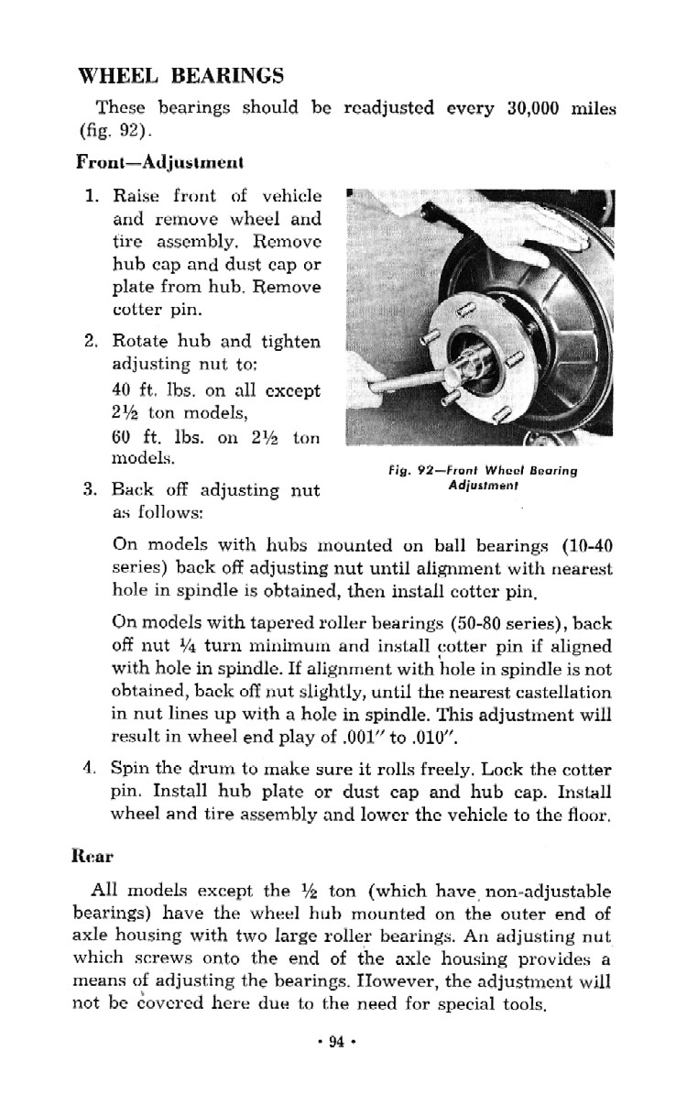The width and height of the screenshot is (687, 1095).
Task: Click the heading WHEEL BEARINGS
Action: pyautogui.click(x=180, y=75)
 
